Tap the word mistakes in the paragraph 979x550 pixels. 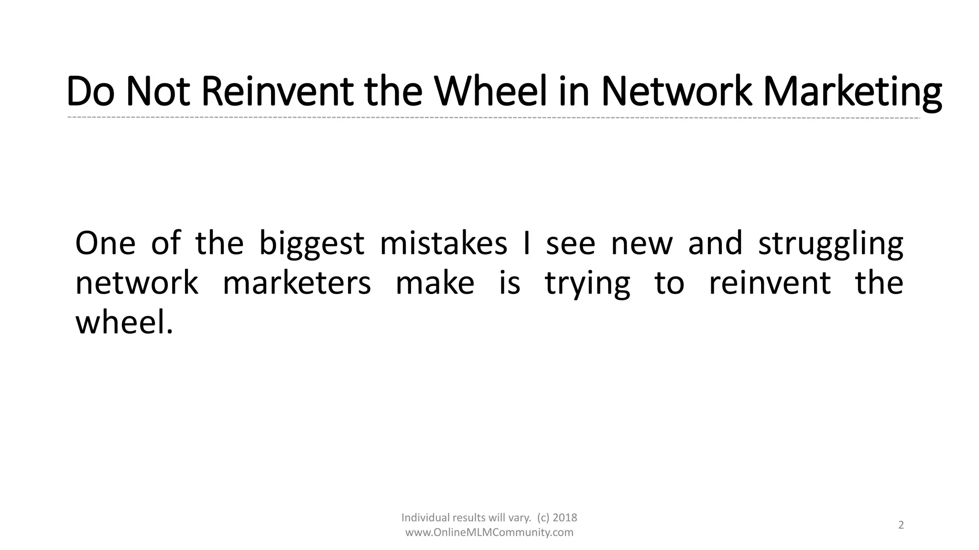(443, 243)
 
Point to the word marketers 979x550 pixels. (297, 283)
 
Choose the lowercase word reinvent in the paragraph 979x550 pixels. (770, 283)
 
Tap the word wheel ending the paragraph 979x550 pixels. (124, 322)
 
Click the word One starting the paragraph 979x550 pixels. (105, 243)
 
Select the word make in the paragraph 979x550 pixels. (435, 283)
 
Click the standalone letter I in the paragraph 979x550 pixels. (527, 243)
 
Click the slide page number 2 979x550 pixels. (901, 525)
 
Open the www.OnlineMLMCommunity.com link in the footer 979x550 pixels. (489, 532)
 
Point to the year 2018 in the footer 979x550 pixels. (565, 518)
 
